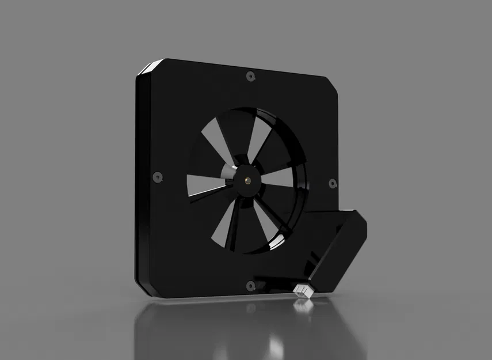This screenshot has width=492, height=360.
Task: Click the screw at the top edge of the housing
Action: point(249,76)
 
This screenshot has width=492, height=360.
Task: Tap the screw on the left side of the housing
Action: point(156,177)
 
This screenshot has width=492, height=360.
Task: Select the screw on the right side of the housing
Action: point(332,183)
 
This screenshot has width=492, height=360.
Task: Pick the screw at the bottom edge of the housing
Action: point(249,285)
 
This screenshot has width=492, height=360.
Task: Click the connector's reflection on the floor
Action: point(303,306)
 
